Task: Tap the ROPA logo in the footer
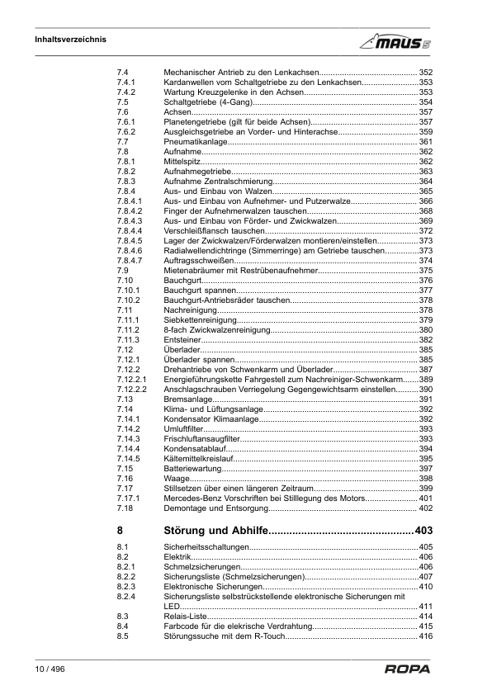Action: [x=407, y=669]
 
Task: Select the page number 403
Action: [x=423, y=531]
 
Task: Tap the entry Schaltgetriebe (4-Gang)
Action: [x=207, y=102]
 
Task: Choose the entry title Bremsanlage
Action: [x=187, y=400]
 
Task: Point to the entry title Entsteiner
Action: [x=182, y=340]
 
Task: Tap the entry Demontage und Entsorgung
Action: [x=211, y=508]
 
